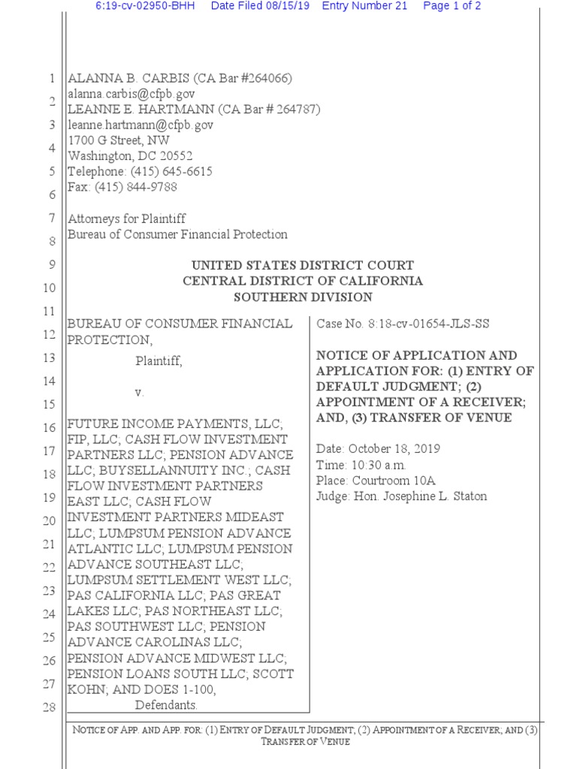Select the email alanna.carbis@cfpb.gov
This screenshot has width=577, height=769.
pos(131,94)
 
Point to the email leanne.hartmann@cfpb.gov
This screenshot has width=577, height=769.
pos(140,125)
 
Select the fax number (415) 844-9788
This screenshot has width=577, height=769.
pos(134,187)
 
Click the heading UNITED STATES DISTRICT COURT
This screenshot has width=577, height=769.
pos(303,266)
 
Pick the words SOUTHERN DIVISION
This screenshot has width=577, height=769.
pos(303,297)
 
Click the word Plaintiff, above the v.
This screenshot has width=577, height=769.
pos(159,361)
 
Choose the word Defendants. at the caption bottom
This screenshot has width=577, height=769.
pos(166,705)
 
